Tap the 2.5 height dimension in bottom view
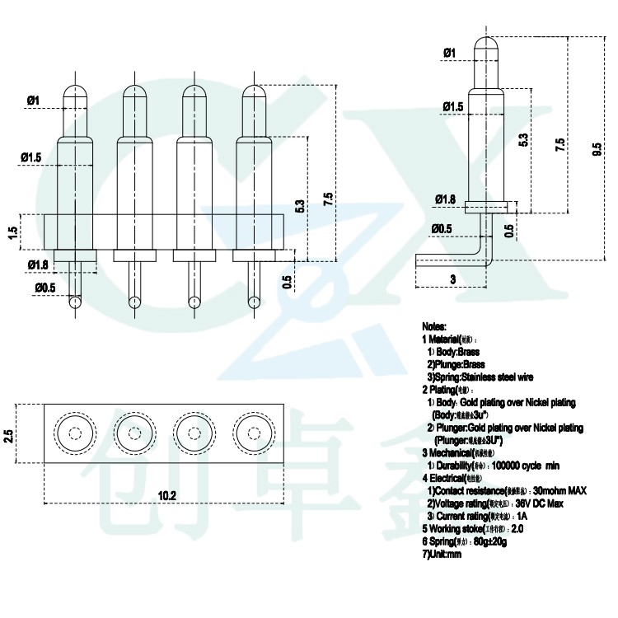pos(9,434)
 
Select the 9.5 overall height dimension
pos(596,149)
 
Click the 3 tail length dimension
pos(452,279)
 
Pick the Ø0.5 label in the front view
pos(45,288)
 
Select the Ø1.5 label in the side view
pos(452,107)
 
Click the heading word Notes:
pos(433,326)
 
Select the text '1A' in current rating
pos(522,516)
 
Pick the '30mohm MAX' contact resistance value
pos(559,491)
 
